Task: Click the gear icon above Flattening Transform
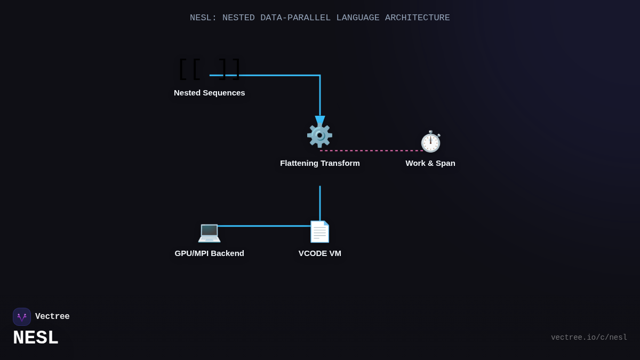point(319,135)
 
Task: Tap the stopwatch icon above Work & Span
point(430,142)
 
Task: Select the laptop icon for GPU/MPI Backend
point(209,232)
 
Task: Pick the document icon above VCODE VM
point(319,232)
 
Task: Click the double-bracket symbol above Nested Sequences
point(209,69)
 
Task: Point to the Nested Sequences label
point(209,93)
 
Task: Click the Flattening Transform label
point(319,163)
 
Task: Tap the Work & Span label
point(430,163)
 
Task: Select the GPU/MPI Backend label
point(209,253)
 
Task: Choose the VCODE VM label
point(319,253)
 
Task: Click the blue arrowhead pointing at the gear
point(319,121)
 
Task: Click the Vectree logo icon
point(22,317)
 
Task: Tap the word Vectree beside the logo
point(52,317)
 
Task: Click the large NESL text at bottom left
point(35,338)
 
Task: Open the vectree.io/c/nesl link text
point(589,338)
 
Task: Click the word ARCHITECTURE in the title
point(417,18)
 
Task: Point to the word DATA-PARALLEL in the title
point(295,18)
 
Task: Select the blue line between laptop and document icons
point(264,226)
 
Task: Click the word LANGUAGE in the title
point(357,18)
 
